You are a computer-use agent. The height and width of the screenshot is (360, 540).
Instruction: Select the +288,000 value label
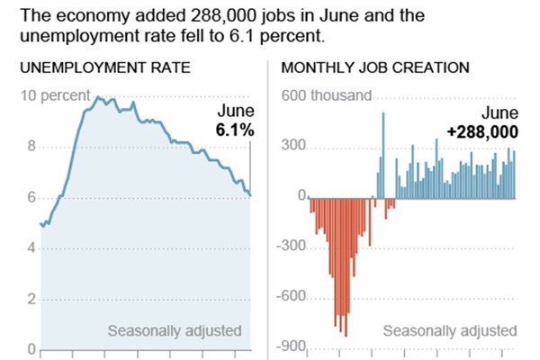point(482,131)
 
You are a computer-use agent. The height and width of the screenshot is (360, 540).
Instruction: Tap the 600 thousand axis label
point(326,96)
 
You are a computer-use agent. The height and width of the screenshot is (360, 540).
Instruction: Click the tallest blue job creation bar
point(383,153)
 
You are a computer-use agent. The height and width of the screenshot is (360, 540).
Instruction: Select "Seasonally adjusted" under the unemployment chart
point(175,330)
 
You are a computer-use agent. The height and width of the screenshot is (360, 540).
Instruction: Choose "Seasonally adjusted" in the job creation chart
point(450,330)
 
